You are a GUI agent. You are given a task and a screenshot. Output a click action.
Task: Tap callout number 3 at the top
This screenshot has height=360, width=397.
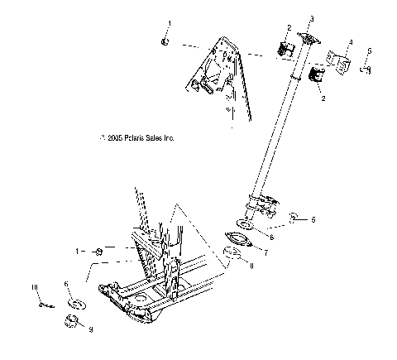312,17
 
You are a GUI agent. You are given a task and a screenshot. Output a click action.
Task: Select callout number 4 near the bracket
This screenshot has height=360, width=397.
351,41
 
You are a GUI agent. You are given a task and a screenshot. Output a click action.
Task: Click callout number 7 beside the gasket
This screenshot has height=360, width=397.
266,250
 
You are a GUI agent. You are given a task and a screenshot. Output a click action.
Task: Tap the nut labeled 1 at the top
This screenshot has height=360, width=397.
165,41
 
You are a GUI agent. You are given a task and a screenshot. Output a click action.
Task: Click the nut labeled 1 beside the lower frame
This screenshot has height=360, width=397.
99,251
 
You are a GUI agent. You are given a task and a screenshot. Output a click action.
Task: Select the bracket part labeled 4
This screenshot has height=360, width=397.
339,61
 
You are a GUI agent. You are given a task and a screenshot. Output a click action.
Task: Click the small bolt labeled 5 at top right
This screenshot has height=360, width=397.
365,70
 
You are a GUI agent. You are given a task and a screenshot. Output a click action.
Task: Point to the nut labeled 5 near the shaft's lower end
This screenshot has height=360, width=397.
292,219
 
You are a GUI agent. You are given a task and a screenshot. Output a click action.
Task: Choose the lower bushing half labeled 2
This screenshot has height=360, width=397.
314,77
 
